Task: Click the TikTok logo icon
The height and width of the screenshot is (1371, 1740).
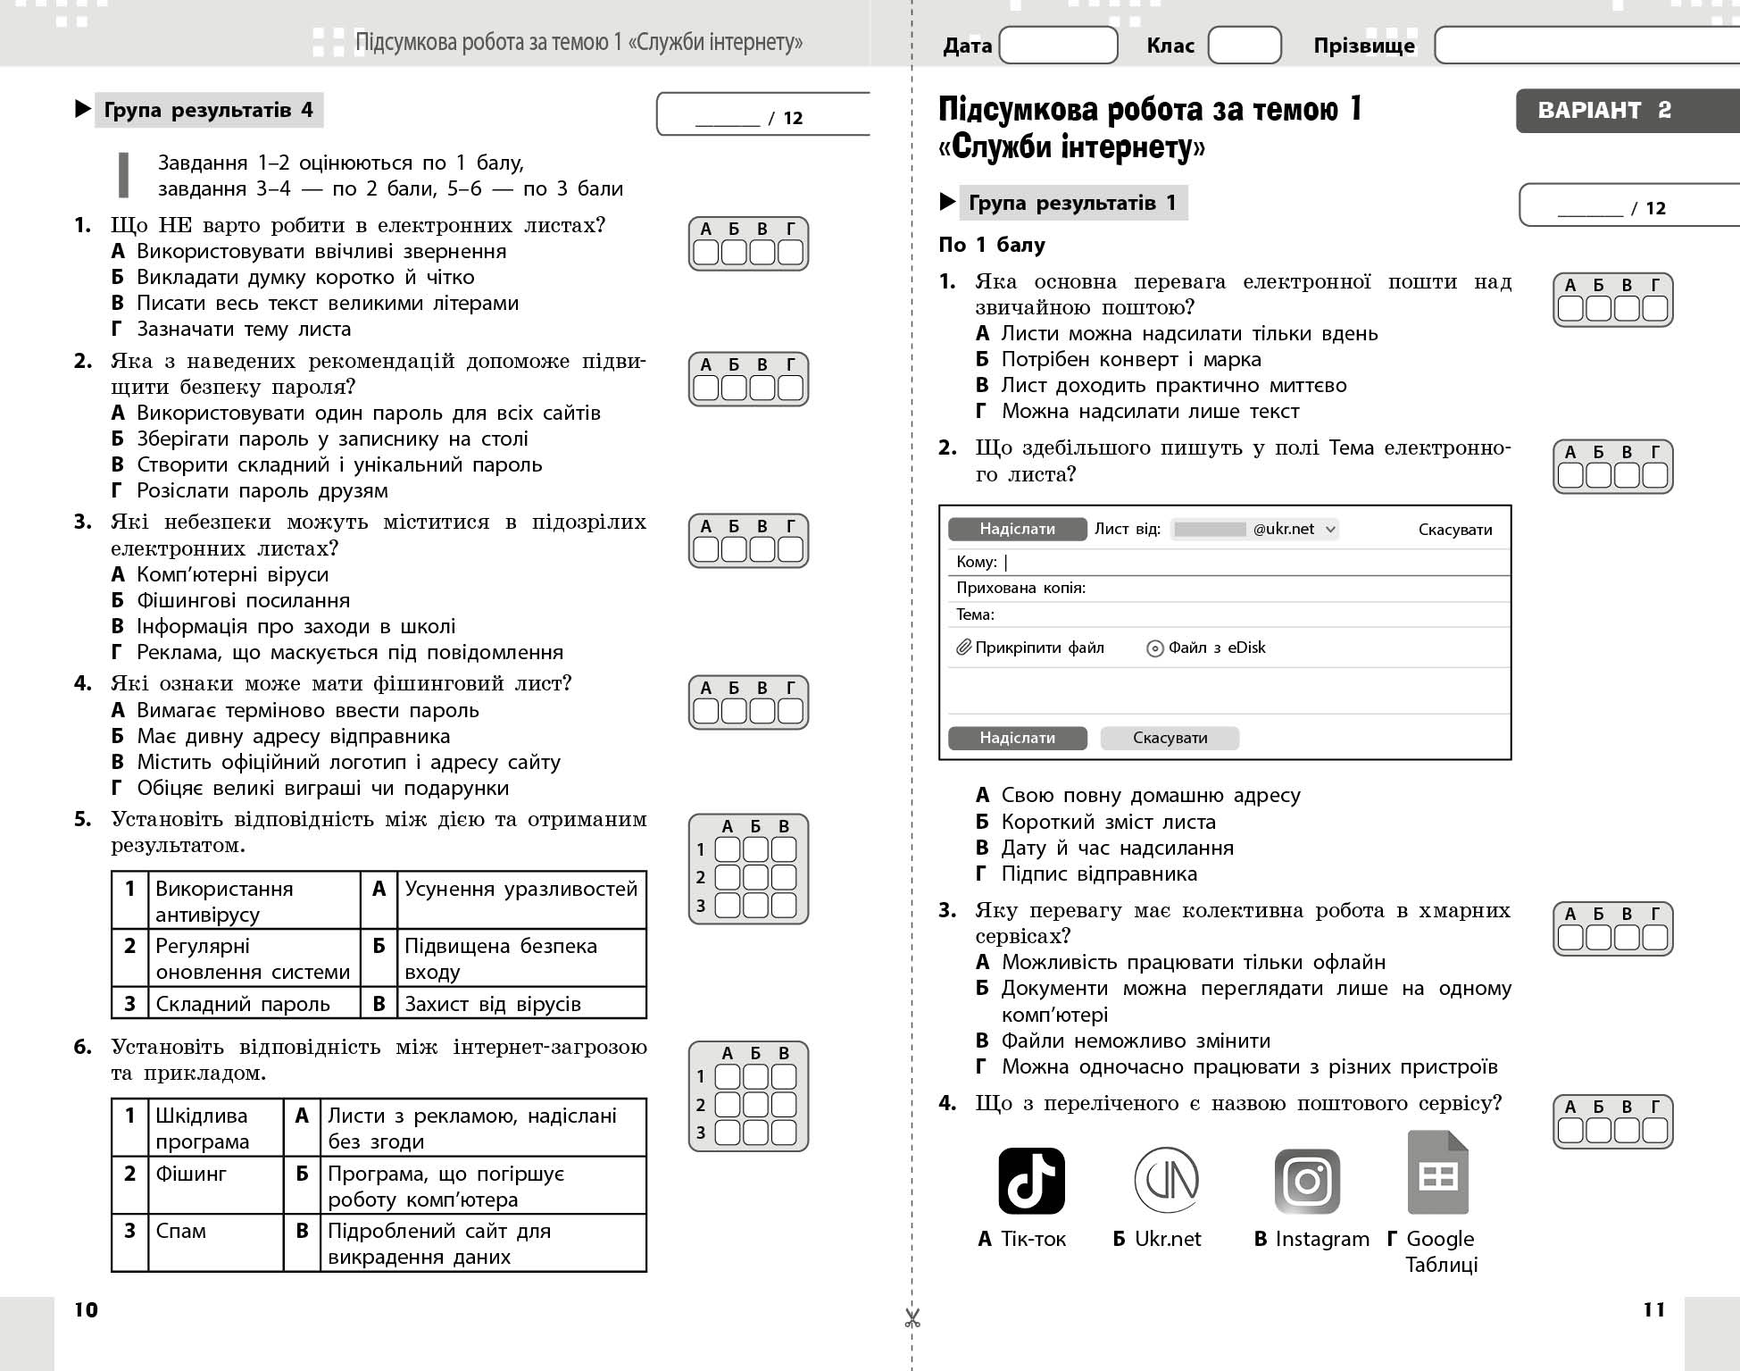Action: pyautogui.click(x=1031, y=1181)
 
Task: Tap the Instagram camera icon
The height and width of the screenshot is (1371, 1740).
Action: pyautogui.click(x=1307, y=1181)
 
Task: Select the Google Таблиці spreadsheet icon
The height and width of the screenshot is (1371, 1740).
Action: pyautogui.click(x=1437, y=1174)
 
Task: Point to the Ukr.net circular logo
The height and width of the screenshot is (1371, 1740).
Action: pyautogui.click(x=1166, y=1180)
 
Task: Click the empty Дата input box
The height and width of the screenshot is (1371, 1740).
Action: pyautogui.click(x=1058, y=46)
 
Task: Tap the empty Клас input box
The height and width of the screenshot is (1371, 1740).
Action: pyautogui.click(x=1244, y=46)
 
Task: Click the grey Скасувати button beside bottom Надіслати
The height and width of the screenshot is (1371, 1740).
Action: pyautogui.click(x=1170, y=738)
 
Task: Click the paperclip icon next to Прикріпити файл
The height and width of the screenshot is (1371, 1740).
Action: pyautogui.click(x=963, y=648)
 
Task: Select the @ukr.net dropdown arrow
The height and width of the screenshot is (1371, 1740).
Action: pyautogui.click(x=1330, y=529)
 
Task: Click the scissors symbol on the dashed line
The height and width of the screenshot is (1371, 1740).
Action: pyautogui.click(x=912, y=1317)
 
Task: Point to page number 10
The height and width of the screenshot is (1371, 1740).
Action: pyautogui.click(x=86, y=1309)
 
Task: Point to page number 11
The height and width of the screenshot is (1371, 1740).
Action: pyautogui.click(x=1653, y=1309)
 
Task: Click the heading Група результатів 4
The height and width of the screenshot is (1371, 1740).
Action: pyautogui.click(x=209, y=110)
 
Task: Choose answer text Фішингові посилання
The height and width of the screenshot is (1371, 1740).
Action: pyautogui.click(x=243, y=600)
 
